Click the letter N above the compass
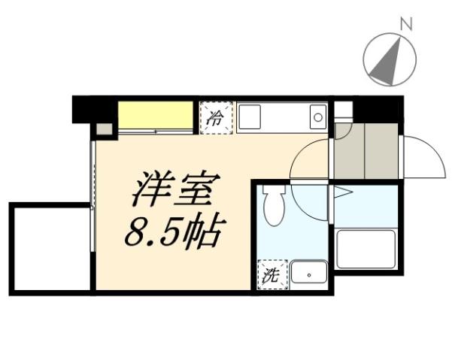[406, 23]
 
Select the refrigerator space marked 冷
[216, 117]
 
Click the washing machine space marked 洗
[271, 275]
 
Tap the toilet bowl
[275, 206]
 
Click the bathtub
[366, 249]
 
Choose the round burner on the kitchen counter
[317, 117]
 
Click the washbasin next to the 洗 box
[308, 274]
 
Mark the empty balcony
[50, 248]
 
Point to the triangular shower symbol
[342, 193]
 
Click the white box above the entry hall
[343, 110]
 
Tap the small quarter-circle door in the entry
[343, 130]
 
